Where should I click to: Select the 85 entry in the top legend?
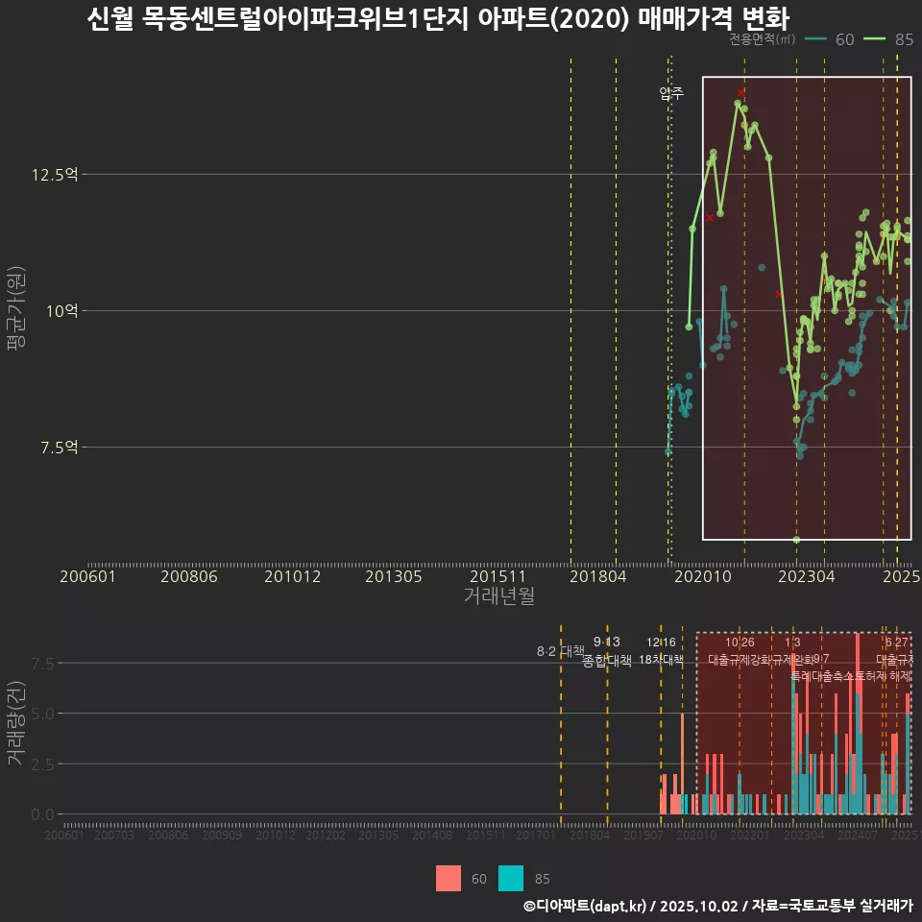point(890,39)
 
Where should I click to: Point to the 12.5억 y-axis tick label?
point(54,175)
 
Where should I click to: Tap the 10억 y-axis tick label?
point(61,311)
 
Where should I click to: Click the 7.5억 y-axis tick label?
point(57,448)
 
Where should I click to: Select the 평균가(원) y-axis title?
point(16,312)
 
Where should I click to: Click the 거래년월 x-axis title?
point(498,596)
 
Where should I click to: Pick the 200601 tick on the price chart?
point(87,577)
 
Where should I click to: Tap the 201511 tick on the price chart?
point(496,577)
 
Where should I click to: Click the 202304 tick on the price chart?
point(806,577)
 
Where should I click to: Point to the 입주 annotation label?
point(671,93)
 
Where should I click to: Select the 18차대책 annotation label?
point(661,660)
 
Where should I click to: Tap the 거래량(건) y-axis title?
point(16,723)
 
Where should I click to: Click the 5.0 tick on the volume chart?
point(43,714)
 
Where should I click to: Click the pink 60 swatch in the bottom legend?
point(448,878)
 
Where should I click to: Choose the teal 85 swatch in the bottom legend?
point(512,878)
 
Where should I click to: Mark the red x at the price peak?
point(740,92)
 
